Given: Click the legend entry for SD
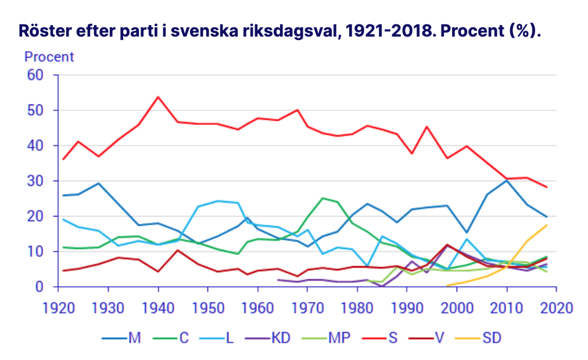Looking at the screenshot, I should [x=491, y=337].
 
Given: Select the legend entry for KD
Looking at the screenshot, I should [x=282, y=337].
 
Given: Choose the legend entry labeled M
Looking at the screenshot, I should [x=134, y=337].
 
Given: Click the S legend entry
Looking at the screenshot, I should [x=393, y=337].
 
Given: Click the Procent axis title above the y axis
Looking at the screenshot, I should [x=49, y=57].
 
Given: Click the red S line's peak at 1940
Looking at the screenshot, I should [x=158, y=97].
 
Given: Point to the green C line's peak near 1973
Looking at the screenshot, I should [x=322, y=198].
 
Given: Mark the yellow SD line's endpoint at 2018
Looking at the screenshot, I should [x=547, y=225].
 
